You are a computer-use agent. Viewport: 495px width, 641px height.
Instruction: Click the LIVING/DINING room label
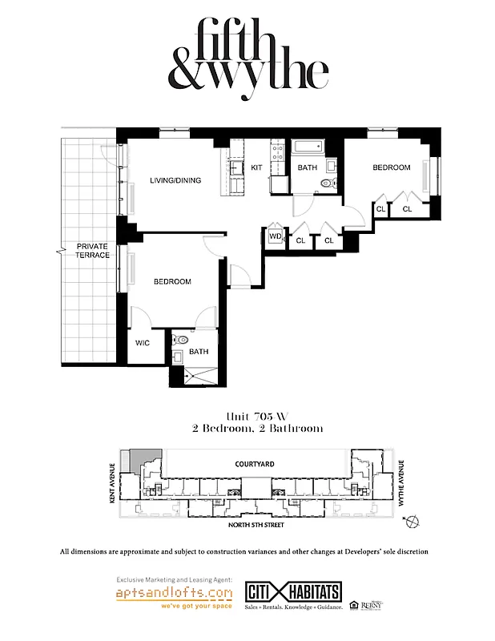pos(175,180)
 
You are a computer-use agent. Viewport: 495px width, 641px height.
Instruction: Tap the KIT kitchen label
pos(256,167)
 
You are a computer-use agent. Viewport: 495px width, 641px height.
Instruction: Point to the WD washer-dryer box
pos(275,236)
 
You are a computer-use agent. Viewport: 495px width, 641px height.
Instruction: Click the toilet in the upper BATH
pos(326,183)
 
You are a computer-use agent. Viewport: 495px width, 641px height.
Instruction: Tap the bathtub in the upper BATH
pos(308,147)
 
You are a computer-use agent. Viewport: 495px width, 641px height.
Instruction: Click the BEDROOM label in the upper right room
pos(392,167)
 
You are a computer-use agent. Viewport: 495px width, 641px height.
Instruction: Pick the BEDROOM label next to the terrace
pos(172,281)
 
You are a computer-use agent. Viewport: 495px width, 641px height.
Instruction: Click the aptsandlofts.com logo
pos(175,594)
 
